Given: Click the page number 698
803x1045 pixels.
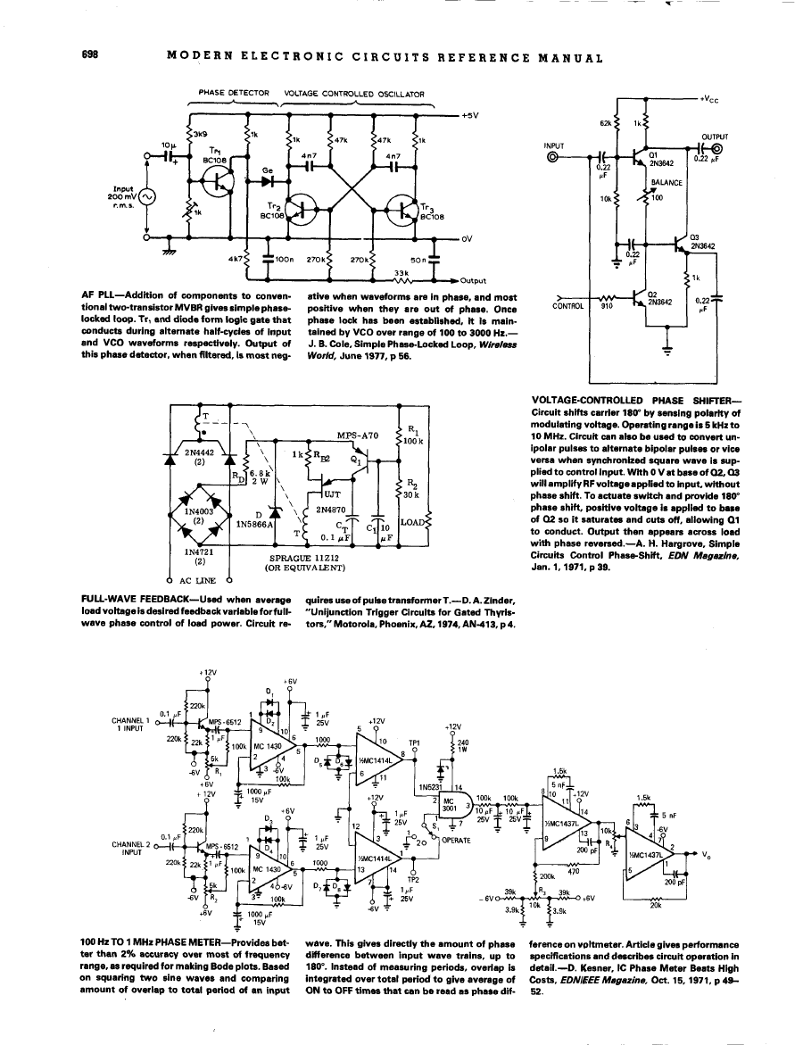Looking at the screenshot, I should pos(88,58).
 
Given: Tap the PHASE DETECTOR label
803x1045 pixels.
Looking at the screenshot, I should pos(234,92).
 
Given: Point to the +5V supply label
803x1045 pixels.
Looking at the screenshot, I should pos(471,115).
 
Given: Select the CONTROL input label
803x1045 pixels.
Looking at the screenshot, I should pos(568,305).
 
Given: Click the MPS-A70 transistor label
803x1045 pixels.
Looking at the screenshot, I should pos(359,435).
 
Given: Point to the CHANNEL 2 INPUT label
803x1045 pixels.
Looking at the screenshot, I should pos(130,818).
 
